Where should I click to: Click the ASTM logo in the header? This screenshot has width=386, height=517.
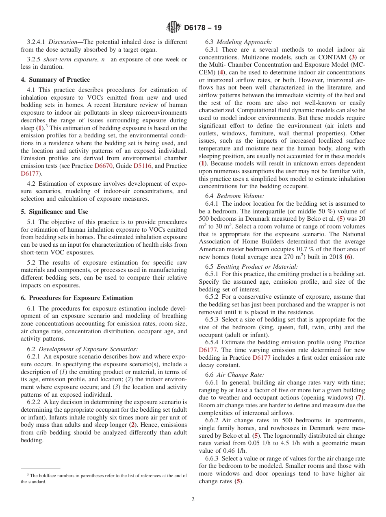[x=173, y=28]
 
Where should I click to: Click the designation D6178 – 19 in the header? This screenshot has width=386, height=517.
[x=203, y=28]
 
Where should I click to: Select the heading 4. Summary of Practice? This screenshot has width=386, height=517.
[x=55, y=80]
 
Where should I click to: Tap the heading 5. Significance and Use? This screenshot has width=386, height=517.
[x=54, y=212]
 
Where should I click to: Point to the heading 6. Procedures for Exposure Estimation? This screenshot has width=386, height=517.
[x=77, y=298]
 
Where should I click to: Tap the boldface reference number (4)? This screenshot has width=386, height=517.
[x=221, y=72]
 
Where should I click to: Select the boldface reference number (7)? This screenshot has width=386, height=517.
[x=360, y=396]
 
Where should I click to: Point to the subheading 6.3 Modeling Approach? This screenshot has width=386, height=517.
[x=239, y=42]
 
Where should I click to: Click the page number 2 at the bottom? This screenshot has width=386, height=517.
[x=193, y=500]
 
